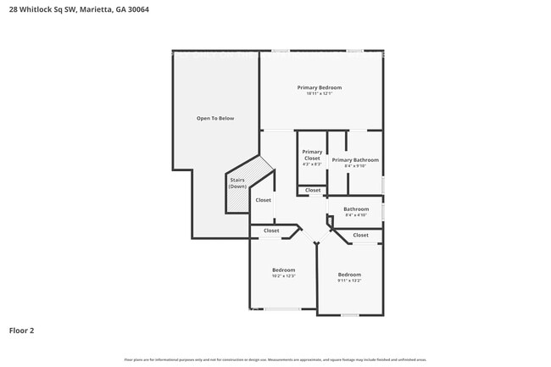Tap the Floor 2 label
pos(21,330)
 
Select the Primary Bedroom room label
pos(319,87)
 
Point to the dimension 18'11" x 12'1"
pos(319,93)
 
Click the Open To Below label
pos(214,118)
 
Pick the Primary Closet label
pos(312,155)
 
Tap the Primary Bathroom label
pos(354,159)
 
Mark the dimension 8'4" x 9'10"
pos(354,165)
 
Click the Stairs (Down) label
pos(237,182)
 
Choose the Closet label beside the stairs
pos(263,200)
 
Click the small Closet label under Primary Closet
pos(313,190)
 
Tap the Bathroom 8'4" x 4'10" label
pos(356,209)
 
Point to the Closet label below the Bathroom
pos(360,235)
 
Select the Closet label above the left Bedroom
pos(271,231)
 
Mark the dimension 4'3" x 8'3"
pos(312,164)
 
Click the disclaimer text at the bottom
pos(275,358)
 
